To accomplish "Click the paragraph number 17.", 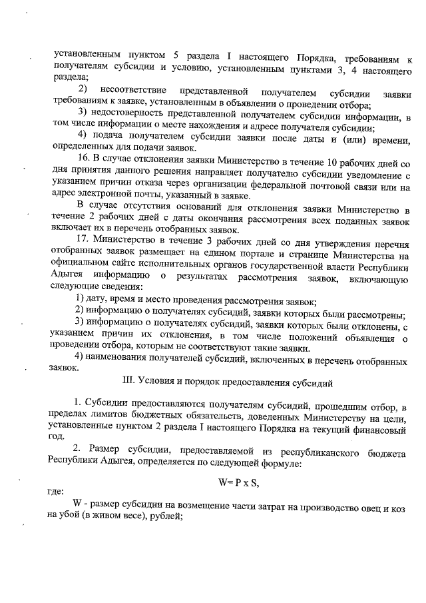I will point(84,238).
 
